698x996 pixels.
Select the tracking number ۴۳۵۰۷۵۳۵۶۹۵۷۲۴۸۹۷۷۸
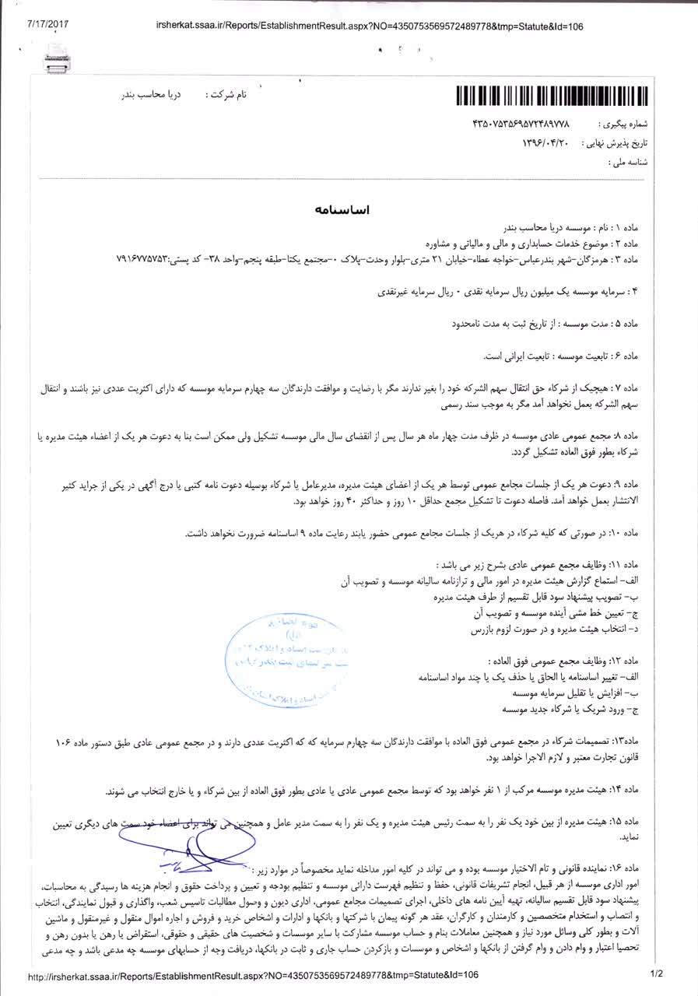522,124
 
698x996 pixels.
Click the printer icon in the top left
58,52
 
